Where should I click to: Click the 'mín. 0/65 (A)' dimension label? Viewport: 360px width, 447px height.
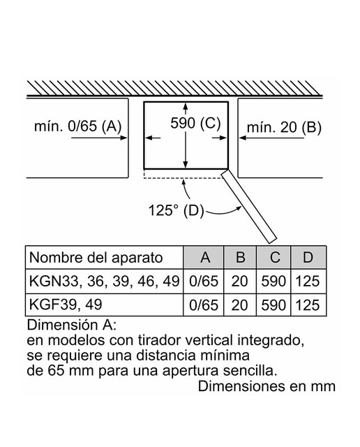pyautogui.click(x=77, y=126)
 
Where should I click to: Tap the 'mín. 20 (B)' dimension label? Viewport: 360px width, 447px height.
pyautogui.click(x=284, y=127)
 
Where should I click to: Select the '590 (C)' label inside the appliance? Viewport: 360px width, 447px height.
pyautogui.click(x=195, y=123)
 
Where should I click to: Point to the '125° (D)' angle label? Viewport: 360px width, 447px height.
pyautogui.click(x=177, y=211)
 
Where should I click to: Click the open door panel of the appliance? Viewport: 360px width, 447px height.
pyautogui.click(x=249, y=206)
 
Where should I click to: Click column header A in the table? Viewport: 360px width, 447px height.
pyautogui.click(x=205, y=258)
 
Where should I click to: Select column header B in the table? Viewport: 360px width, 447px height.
pyautogui.click(x=241, y=258)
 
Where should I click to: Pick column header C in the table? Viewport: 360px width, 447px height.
pyautogui.click(x=274, y=258)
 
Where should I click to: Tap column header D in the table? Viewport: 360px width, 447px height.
pyautogui.click(x=308, y=258)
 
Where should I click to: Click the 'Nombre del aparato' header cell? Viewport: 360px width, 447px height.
pyautogui.click(x=96, y=258)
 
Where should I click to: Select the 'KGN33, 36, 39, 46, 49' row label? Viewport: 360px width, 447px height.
pyautogui.click(x=104, y=281)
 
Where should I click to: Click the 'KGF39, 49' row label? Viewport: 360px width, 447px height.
pyautogui.click(x=66, y=305)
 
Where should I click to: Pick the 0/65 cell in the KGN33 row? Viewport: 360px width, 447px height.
pyautogui.click(x=204, y=281)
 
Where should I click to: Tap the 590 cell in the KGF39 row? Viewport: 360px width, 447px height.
pyautogui.click(x=273, y=305)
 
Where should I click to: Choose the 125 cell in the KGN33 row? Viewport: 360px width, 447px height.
pyautogui.click(x=308, y=281)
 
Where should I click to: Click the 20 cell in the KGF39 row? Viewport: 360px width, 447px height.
pyautogui.click(x=239, y=305)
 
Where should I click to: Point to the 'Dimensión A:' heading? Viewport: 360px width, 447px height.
pyautogui.click(x=72, y=325)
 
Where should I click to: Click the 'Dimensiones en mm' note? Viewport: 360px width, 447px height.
pyautogui.click(x=267, y=386)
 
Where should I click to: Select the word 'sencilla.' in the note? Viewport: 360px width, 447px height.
pyautogui.click(x=250, y=371)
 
